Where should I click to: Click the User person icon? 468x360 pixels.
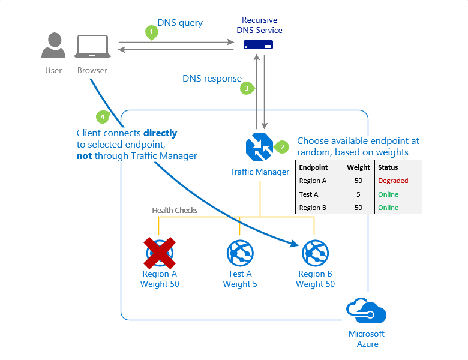point(54,46)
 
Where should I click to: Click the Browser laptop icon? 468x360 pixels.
point(92,46)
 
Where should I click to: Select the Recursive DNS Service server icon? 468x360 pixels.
point(258,45)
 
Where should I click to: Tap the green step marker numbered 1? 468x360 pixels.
point(152,32)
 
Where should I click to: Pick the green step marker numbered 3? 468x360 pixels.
point(246,88)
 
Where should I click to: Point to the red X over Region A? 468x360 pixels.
point(159,253)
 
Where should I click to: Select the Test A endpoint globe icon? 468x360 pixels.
point(240,253)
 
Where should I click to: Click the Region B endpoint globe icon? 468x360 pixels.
point(315,253)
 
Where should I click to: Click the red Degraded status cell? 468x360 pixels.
point(393,181)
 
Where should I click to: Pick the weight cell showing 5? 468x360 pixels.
point(358,194)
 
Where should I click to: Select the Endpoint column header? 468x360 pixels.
point(313,167)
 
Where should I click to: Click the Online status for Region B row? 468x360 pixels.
point(388,208)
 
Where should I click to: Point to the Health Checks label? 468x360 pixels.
point(175,210)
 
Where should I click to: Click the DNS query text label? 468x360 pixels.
point(180,23)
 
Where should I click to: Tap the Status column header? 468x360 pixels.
point(388,167)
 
